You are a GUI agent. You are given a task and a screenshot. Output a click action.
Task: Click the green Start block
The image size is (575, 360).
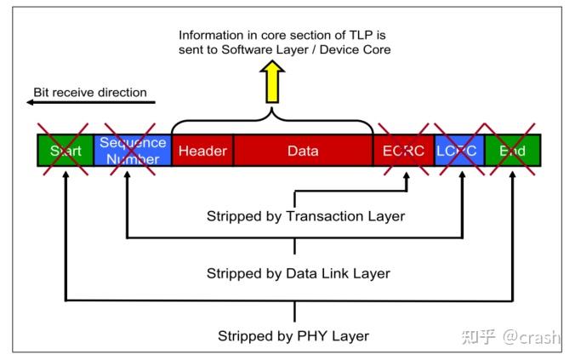click(x=65, y=151)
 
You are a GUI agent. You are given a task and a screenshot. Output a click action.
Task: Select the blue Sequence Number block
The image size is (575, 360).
click(x=132, y=151)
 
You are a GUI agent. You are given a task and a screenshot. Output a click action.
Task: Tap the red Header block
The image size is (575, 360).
click(x=202, y=151)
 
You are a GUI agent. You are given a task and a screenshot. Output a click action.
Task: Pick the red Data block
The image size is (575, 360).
click(x=303, y=151)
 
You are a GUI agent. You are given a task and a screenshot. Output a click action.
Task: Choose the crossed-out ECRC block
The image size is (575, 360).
click(x=403, y=151)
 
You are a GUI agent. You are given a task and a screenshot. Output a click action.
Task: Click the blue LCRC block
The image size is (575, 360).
click(x=459, y=151)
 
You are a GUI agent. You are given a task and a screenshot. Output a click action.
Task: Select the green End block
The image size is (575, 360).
click(x=512, y=151)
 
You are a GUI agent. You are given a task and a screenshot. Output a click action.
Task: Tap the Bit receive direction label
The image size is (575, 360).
click(x=90, y=92)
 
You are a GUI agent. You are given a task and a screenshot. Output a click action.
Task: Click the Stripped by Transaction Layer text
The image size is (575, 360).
click(x=305, y=216)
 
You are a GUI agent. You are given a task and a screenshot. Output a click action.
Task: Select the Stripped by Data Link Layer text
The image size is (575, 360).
click(x=298, y=273)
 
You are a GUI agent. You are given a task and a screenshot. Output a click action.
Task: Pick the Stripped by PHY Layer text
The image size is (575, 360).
click(x=293, y=335)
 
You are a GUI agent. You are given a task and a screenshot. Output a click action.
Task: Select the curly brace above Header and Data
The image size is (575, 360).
click(x=272, y=120)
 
